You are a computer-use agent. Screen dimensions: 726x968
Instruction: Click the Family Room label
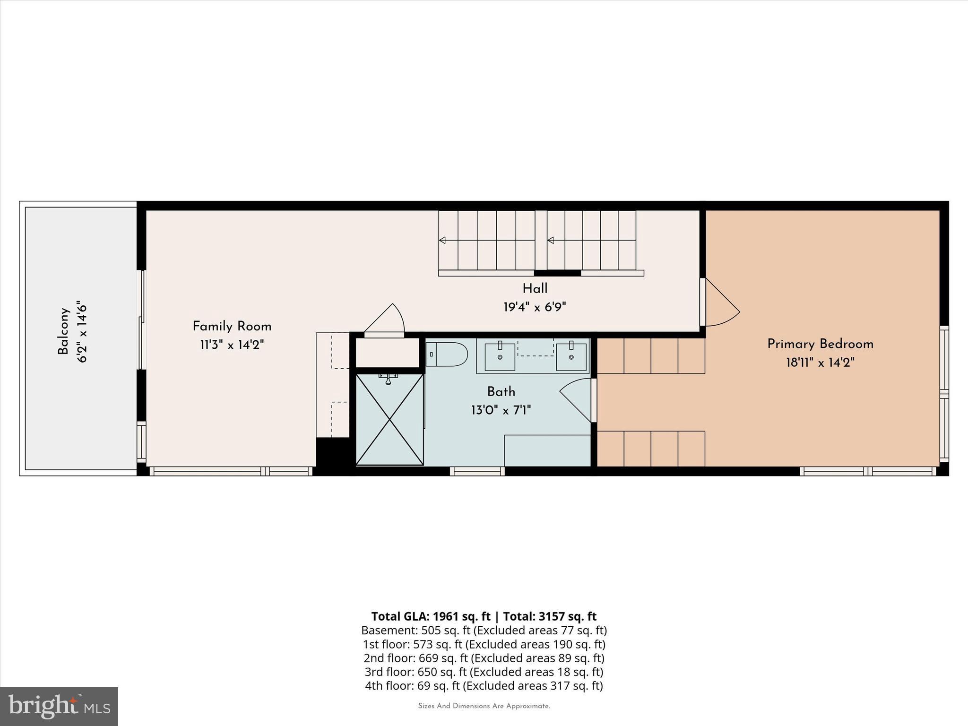point(232,327)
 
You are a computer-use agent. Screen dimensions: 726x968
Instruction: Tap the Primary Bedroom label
point(820,344)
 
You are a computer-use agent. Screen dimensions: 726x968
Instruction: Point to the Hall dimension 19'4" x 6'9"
point(535,307)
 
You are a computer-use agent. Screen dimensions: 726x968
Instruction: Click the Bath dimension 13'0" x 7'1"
point(501,410)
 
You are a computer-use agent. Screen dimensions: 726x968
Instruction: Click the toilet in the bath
point(447,354)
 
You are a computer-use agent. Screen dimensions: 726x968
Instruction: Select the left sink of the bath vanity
point(500,357)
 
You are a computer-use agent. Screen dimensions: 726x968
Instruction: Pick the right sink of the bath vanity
point(571,357)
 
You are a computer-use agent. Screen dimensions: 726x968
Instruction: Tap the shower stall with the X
point(389,419)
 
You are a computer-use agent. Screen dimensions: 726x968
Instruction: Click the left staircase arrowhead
point(442,240)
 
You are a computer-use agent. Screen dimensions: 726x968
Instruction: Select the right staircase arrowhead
point(550,240)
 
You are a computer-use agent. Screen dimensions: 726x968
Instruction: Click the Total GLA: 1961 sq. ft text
point(430,616)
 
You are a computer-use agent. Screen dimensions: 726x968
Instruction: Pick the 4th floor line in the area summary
point(484,685)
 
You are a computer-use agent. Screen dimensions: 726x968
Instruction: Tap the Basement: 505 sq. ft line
point(484,630)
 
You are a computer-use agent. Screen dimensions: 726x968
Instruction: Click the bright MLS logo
point(59,706)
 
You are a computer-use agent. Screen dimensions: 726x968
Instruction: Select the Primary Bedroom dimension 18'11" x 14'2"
point(820,363)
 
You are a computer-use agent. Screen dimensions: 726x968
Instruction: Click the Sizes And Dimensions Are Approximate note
point(484,706)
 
